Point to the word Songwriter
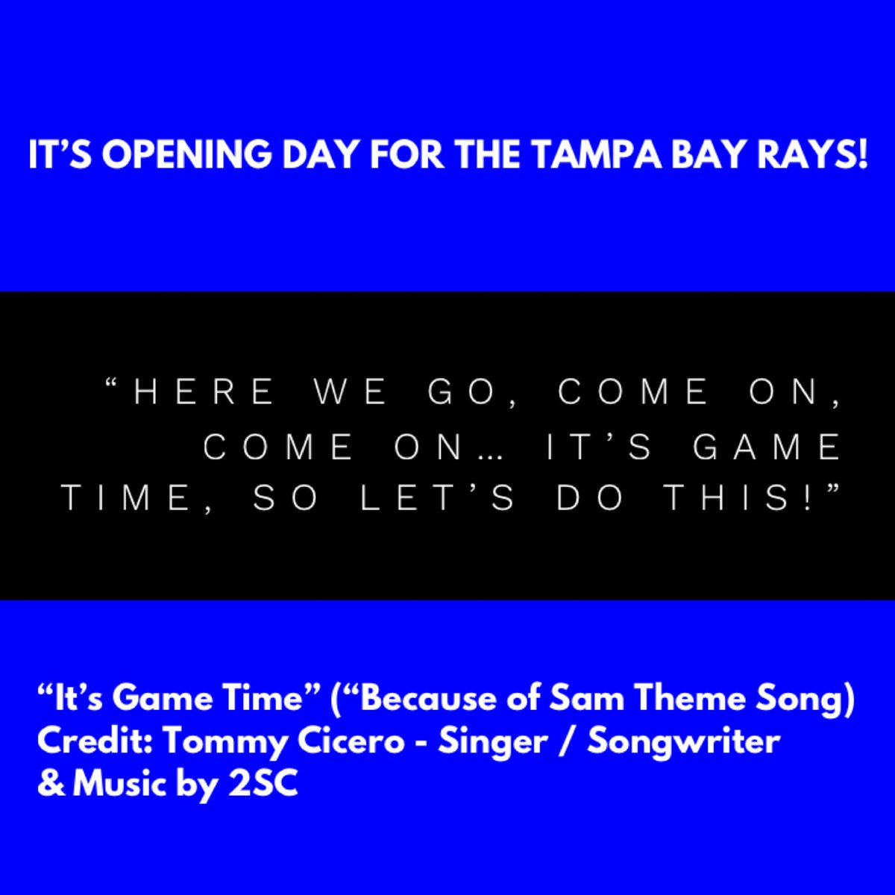coord(683,743)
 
